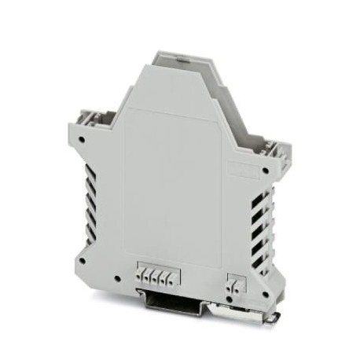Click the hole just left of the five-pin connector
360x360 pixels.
tap(117, 277)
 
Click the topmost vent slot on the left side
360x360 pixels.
tap(89, 171)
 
